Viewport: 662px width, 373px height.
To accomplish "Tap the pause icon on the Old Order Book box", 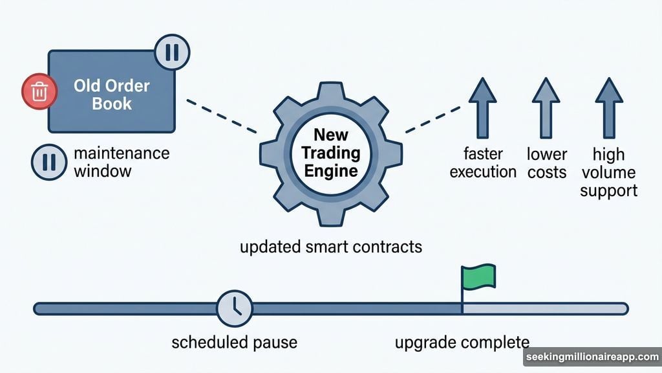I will (x=171, y=52).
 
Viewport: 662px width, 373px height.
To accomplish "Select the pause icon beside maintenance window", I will (x=48, y=163).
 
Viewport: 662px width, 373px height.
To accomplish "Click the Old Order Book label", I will (x=112, y=94).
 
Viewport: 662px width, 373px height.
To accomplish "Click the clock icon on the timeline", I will (x=234, y=308).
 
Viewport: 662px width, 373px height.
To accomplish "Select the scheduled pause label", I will (x=235, y=342).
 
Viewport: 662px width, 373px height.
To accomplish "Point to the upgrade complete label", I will (x=462, y=342).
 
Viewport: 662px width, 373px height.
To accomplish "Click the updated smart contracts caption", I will (x=330, y=247).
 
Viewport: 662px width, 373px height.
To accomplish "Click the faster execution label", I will (x=483, y=163).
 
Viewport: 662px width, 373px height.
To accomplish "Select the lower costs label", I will (x=546, y=163).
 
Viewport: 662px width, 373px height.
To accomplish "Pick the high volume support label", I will (x=608, y=172).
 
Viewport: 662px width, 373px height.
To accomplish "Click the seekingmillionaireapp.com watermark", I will (x=591, y=357).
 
